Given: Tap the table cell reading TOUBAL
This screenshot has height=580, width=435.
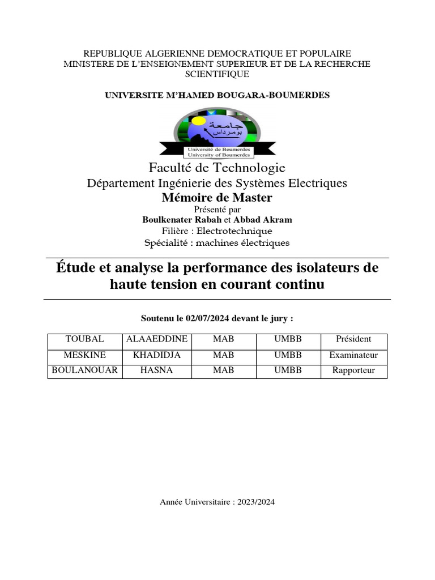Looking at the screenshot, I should coord(85,339).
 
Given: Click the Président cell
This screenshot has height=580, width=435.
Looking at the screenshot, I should coord(353,339).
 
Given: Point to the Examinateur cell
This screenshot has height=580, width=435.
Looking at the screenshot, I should coord(353,356).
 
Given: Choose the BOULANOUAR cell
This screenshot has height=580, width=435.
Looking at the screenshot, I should coord(85,371).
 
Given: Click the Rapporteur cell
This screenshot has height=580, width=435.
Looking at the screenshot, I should coord(353,371).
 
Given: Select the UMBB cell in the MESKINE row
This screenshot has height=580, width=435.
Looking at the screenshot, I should coord(288,356).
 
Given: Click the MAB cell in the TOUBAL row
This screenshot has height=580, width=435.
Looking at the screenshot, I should coord(224,339).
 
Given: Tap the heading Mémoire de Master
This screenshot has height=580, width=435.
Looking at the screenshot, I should coord(217,198).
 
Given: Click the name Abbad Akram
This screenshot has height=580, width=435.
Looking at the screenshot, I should coord(267,220).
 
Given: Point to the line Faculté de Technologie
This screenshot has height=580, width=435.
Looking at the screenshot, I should coord(217,168).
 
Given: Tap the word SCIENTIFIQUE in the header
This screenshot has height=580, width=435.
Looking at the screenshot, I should coord(217,74).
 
